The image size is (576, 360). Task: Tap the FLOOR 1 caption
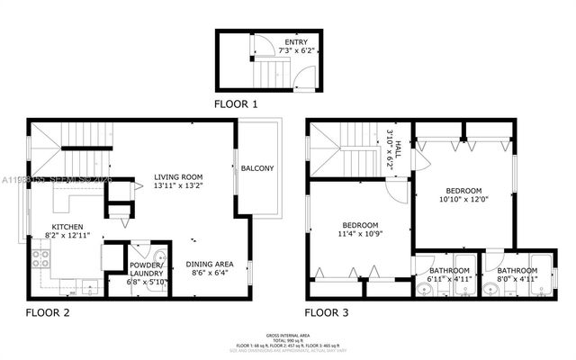click(236, 104)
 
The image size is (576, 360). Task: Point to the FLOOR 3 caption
click(326, 313)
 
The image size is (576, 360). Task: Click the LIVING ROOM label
click(178, 176)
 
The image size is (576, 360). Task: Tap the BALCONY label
click(257, 168)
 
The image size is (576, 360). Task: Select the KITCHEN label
click(68, 227)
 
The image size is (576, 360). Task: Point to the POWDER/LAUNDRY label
click(145, 270)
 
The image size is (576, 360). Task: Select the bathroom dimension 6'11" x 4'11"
click(448, 279)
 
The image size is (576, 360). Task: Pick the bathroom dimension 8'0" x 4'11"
click(517, 279)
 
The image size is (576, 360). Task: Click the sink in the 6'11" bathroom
click(425, 289)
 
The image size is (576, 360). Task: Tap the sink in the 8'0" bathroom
click(492, 289)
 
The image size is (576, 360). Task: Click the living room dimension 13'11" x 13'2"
click(178, 186)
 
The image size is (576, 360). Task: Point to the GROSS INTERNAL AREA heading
click(287, 334)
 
